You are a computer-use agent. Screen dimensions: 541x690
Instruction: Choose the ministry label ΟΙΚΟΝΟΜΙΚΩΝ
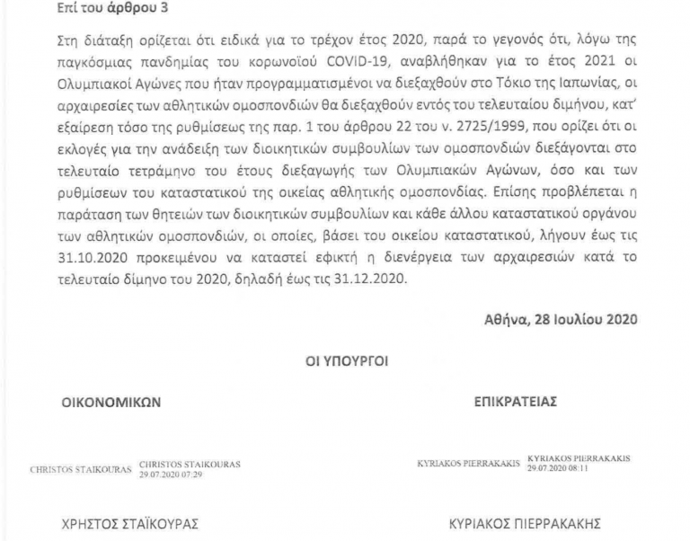110,402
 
